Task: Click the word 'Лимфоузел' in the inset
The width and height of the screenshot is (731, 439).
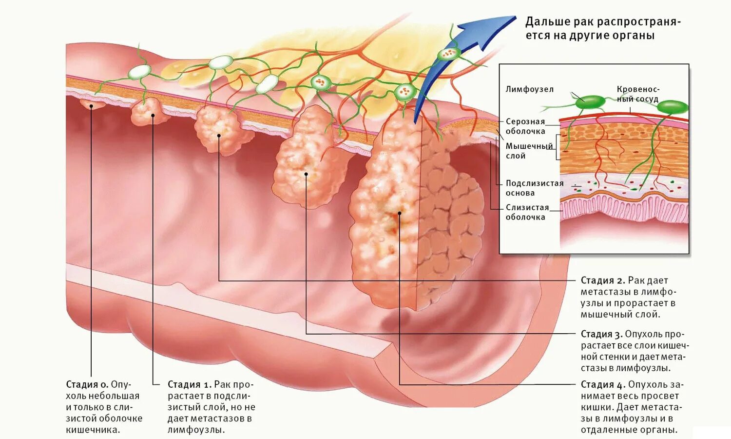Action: click(x=529, y=89)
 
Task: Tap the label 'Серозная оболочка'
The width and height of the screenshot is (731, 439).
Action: click(x=525, y=126)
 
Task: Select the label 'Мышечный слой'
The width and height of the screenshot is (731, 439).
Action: click(x=529, y=151)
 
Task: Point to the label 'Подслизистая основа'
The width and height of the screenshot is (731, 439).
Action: click(x=534, y=188)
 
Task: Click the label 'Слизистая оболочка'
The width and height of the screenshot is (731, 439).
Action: click(x=527, y=212)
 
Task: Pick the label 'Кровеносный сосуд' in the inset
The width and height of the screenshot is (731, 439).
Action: click(x=637, y=94)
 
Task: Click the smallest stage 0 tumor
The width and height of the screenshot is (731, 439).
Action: click(x=92, y=104)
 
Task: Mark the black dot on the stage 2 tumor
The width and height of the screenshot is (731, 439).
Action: click(x=219, y=136)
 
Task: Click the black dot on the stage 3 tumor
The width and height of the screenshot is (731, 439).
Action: click(x=306, y=174)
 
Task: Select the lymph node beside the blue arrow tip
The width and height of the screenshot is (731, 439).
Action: click(x=449, y=53)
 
